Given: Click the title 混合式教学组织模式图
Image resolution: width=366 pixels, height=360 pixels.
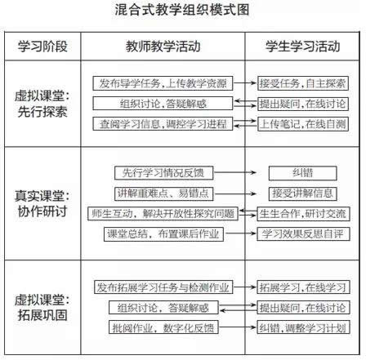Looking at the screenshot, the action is [x=181, y=10].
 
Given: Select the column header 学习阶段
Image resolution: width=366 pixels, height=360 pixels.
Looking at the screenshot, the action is [x=42, y=47].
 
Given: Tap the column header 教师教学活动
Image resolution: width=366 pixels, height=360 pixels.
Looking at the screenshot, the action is [x=163, y=47].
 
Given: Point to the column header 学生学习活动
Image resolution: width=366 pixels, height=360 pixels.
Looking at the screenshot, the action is [x=302, y=47].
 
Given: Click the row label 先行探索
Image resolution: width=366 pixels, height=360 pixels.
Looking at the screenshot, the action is [x=42, y=112].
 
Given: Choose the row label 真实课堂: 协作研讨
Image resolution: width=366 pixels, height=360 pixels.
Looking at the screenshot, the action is [x=42, y=203].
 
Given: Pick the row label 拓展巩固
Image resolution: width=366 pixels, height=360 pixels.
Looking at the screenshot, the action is [x=42, y=315].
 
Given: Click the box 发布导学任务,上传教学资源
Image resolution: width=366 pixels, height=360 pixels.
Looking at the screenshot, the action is [x=163, y=83].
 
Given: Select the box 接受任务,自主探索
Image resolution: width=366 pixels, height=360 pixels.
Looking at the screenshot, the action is [x=303, y=83].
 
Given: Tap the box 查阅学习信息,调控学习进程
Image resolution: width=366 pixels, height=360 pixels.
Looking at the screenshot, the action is [x=163, y=124].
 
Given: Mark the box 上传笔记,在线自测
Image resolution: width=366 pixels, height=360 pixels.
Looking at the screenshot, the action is [x=303, y=124].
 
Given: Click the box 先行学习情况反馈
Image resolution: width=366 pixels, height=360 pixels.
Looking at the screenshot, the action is [x=163, y=173].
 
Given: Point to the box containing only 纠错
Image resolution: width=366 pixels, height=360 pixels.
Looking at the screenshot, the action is [x=302, y=173].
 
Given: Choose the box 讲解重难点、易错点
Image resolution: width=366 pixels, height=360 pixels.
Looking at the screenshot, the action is [x=163, y=193].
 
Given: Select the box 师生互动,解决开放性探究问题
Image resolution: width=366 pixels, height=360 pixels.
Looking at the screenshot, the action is [x=163, y=214].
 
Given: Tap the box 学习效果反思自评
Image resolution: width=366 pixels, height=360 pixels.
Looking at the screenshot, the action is [x=303, y=234].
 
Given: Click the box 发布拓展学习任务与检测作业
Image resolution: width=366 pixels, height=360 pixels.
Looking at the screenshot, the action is [x=163, y=287].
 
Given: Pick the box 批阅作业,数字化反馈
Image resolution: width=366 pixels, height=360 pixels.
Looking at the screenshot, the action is [x=163, y=327].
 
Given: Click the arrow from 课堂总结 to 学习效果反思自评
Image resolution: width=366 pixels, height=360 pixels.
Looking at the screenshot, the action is [x=241, y=233].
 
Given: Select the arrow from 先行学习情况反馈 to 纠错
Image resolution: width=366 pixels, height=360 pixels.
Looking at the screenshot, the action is [x=235, y=172].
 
